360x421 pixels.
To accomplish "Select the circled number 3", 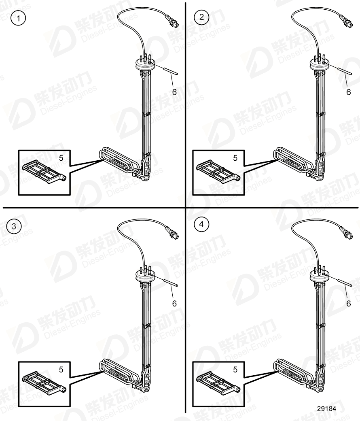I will (x=14, y=226).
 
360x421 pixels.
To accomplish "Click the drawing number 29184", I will (x=327, y=408).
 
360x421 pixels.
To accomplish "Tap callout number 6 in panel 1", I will (x=174, y=92).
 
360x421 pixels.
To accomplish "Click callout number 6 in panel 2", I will (x=349, y=92).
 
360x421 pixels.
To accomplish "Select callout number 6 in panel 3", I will (x=174, y=303).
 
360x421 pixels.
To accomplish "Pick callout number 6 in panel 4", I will (x=349, y=303).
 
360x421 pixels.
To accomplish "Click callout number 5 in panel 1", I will (x=61, y=158).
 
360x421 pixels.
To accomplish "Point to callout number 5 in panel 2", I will (x=235, y=158).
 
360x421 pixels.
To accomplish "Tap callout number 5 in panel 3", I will (x=61, y=369).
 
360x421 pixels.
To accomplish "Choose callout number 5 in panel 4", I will (x=235, y=369).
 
